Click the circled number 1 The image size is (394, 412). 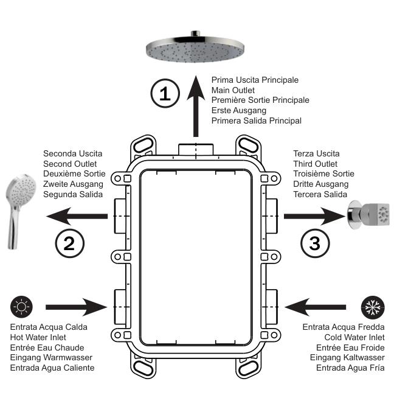[165, 93]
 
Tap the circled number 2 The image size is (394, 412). [70, 243]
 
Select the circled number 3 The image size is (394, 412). [315, 243]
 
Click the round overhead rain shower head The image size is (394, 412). [195, 48]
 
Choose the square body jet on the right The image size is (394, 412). [369, 215]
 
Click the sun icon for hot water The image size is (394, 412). [21, 307]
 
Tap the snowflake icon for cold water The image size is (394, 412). [373, 307]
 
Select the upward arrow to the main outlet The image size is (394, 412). [196, 106]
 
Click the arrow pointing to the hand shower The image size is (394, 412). [77, 216]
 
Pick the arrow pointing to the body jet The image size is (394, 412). [315, 216]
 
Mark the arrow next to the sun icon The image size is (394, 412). [76, 307]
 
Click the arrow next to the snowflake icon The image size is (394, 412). [315, 307]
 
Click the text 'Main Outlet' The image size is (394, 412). [233, 90]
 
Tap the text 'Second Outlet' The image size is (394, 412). [70, 164]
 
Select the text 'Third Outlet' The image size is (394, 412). [315, 164]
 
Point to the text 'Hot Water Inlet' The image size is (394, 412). [38, 337]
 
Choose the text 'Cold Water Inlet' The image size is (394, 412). [354, 337]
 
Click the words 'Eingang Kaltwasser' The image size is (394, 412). [347, 358]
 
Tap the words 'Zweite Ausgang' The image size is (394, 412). [73, 184]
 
